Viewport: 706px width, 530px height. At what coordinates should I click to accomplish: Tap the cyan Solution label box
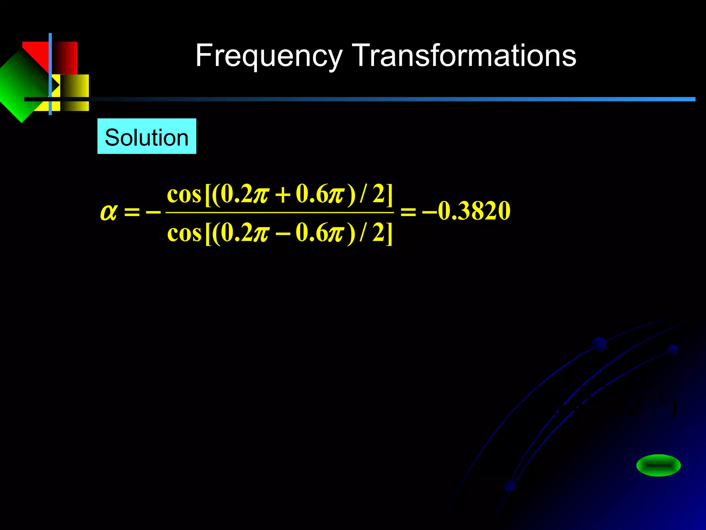click(147, 136)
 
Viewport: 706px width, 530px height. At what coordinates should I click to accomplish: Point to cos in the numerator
click(184, 195)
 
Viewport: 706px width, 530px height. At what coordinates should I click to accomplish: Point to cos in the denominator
click(184, 234)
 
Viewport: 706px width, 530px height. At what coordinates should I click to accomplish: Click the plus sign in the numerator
click(282, 195)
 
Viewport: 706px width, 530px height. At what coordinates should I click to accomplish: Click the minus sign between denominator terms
click(282, 234)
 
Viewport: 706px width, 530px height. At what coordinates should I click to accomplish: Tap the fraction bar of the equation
click(280, 213)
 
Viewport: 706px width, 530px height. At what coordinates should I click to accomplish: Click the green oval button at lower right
click(658, 465)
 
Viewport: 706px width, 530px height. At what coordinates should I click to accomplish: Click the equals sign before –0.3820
click(408, 211)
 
